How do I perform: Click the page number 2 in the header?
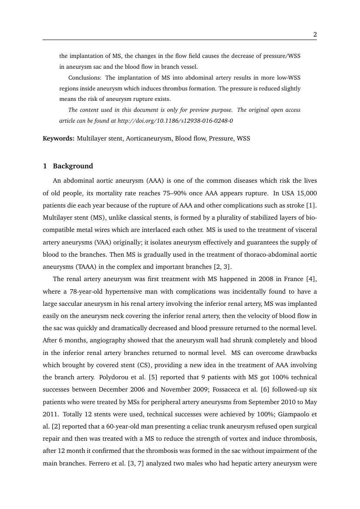(x=315, y=35)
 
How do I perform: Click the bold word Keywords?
(x=58, y=139)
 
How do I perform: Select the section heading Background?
(x=73, y=166)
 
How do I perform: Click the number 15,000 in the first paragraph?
(x=306, y=192)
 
